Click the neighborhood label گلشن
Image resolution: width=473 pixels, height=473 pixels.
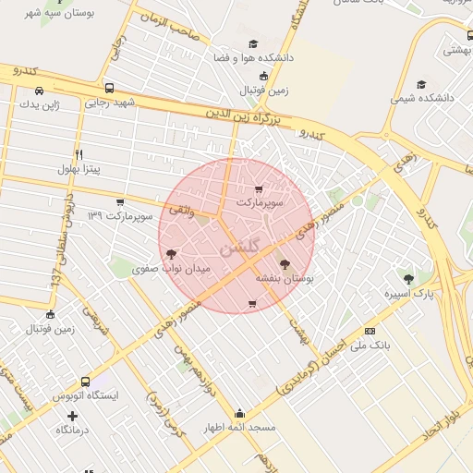tap(241, 248)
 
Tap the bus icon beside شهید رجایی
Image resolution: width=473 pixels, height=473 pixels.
tap(110, 89)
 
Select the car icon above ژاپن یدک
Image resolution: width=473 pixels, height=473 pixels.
tap(39, 91)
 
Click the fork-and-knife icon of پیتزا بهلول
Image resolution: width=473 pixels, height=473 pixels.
tap(80, 154)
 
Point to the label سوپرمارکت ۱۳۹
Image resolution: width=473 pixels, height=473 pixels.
tap(118, 215)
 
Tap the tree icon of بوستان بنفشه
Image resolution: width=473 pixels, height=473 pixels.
tap(283, 264)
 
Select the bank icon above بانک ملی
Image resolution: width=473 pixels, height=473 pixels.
tap(370, 331)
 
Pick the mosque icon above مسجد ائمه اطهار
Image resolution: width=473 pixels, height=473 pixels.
tap(240, 413)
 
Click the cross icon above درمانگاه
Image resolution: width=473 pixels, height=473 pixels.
tap(72, 415)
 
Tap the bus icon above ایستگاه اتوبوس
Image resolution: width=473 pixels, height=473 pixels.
tap(85, 382)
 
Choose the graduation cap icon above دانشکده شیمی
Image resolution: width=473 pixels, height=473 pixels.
tap(422, 84)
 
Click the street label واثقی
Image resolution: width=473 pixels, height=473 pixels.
tap(181, 212)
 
